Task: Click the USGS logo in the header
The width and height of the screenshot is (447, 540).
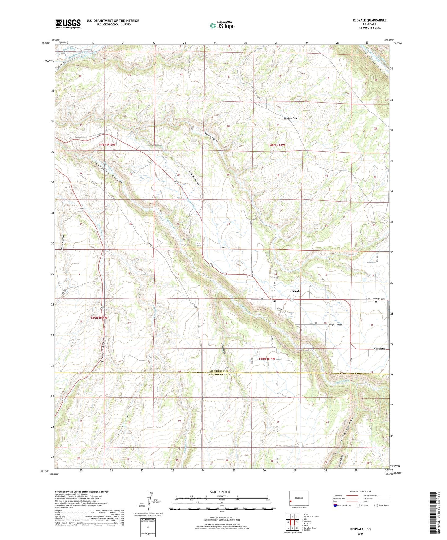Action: [x=68, y=24]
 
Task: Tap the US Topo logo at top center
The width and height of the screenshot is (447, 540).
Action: [x=222, y=25]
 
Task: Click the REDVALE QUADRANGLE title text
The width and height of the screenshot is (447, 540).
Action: [x=369, y=20]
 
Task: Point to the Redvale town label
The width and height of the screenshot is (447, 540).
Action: [x=294, y=291]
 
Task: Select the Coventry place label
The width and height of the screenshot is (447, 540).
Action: [x=380, y=349]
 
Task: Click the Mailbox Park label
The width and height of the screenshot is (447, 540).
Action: [x=290, y=118]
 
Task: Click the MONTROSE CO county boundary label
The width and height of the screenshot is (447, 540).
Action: [x=219, y=371]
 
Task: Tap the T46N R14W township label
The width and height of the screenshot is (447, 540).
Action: [x=276, y=145]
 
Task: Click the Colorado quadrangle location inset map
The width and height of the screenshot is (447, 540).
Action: [x=299, y=498]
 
